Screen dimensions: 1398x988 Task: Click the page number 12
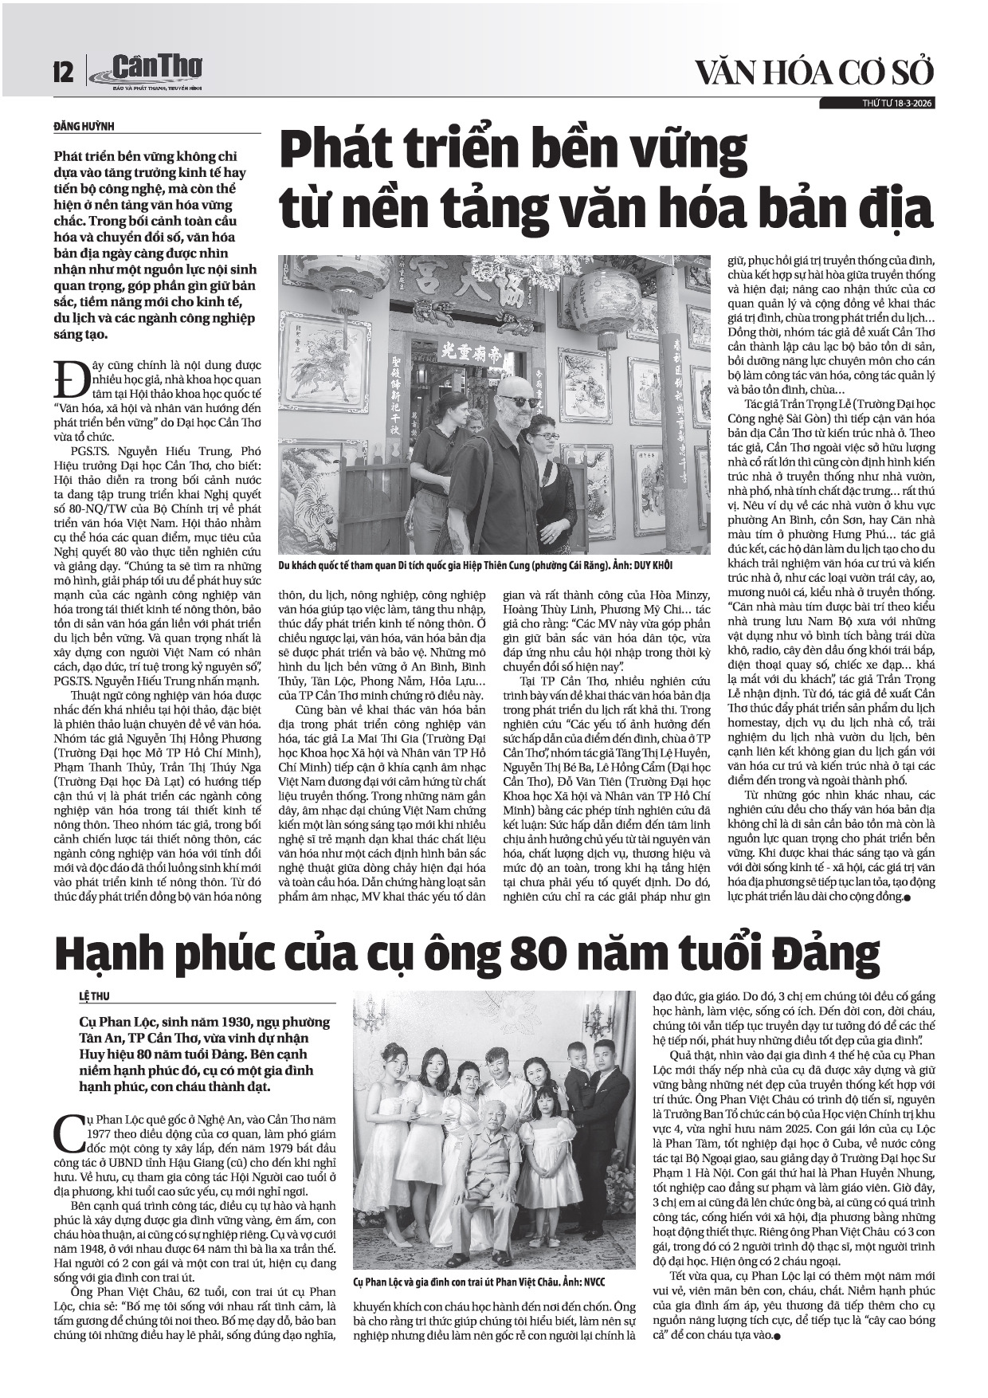[62, 73]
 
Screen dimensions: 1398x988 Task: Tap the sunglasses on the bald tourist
[519, 402]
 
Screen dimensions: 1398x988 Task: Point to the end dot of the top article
[906, 898]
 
